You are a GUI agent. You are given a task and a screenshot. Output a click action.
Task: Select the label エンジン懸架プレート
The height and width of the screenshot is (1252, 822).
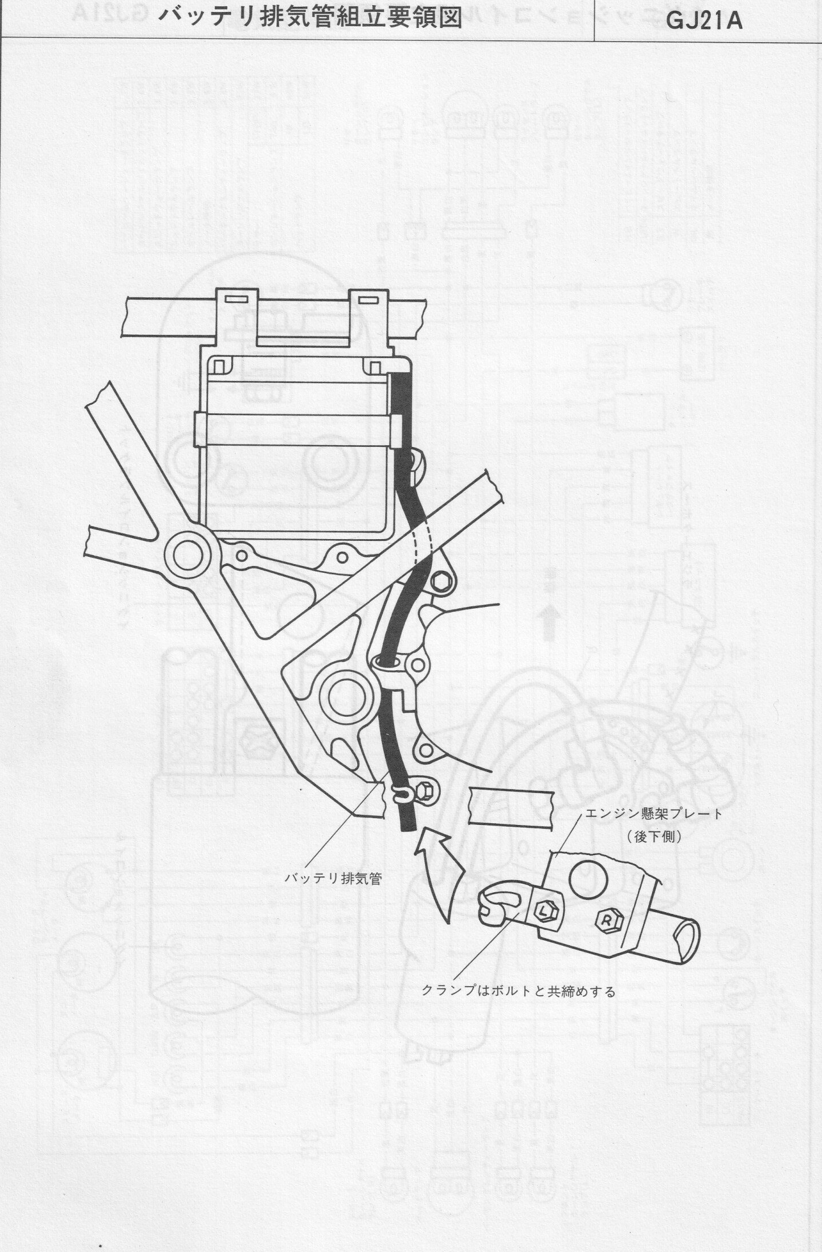click(x=653, y=814)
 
